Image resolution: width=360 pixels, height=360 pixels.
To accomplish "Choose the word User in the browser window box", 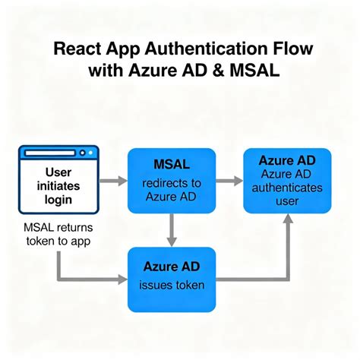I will pos(58,172).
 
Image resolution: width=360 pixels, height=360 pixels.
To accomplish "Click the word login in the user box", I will pos(58,200).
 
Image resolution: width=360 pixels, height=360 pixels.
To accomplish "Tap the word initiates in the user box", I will pos(58,186).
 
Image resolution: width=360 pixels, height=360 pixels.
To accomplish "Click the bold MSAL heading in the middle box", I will pos(172,165).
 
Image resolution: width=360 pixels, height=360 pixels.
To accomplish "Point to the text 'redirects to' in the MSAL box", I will pos(172,183).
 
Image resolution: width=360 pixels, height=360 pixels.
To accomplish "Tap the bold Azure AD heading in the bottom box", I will pos(172,267).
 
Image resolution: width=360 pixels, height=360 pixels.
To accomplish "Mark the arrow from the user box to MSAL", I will pos(115,182).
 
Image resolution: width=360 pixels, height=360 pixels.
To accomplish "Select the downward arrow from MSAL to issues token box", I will pos(172,229).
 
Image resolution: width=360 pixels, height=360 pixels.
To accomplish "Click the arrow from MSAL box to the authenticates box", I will pos(229,181).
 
